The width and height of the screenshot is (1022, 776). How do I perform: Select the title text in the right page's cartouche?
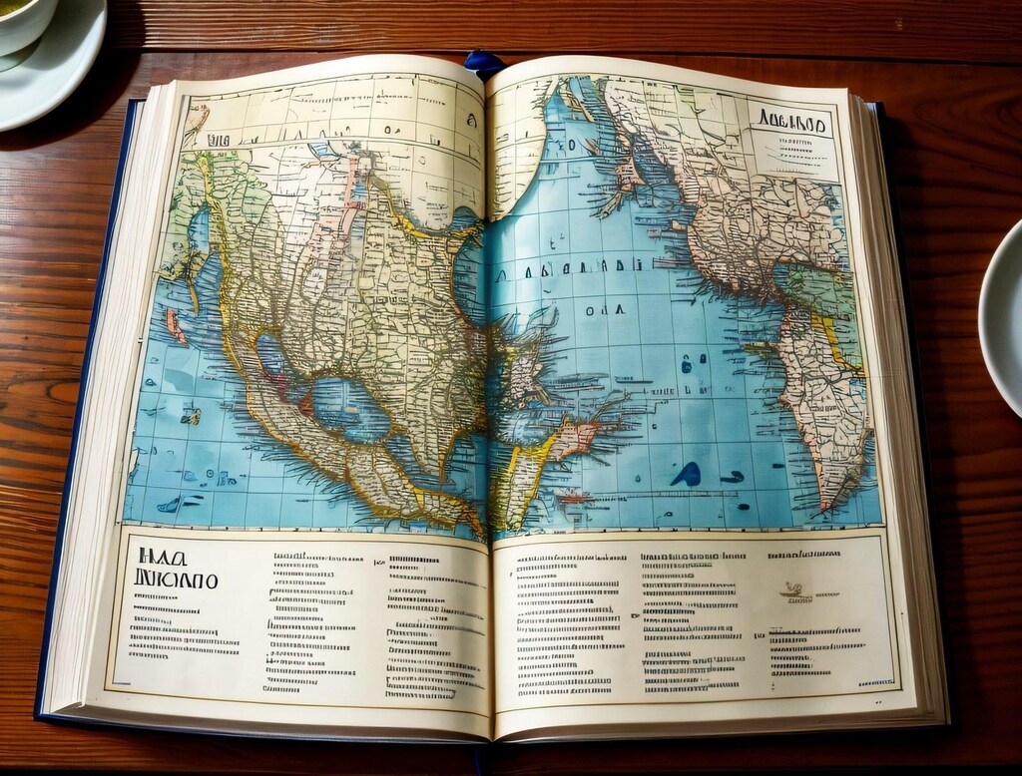tap(791, 124)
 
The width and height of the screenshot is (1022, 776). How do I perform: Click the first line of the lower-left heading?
tap(158, 557)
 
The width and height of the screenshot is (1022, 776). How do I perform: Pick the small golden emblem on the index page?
tap(794, 590)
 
